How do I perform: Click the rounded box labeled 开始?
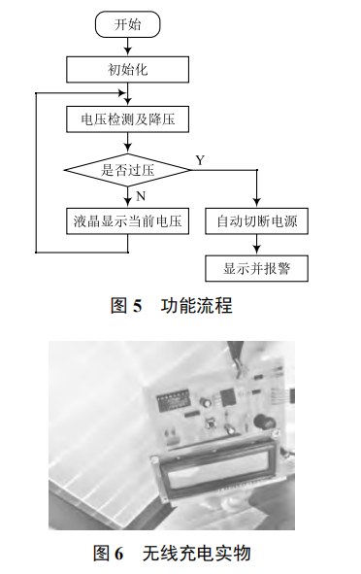pos(127,22)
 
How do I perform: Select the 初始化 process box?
pos(127,69)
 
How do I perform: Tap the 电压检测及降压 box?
pos(127,119)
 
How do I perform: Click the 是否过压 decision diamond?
pos(127,170)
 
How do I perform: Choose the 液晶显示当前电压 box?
pos(127,221)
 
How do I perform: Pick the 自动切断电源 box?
pos(257,221)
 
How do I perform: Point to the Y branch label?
pos(200,159)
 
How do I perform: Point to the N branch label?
pos(140,194)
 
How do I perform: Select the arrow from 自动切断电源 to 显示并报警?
pos(257,246)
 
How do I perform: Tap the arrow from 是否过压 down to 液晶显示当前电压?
pos(127,197)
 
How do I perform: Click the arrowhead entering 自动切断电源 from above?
pos(257,202)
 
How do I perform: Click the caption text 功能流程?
pos(197,305)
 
